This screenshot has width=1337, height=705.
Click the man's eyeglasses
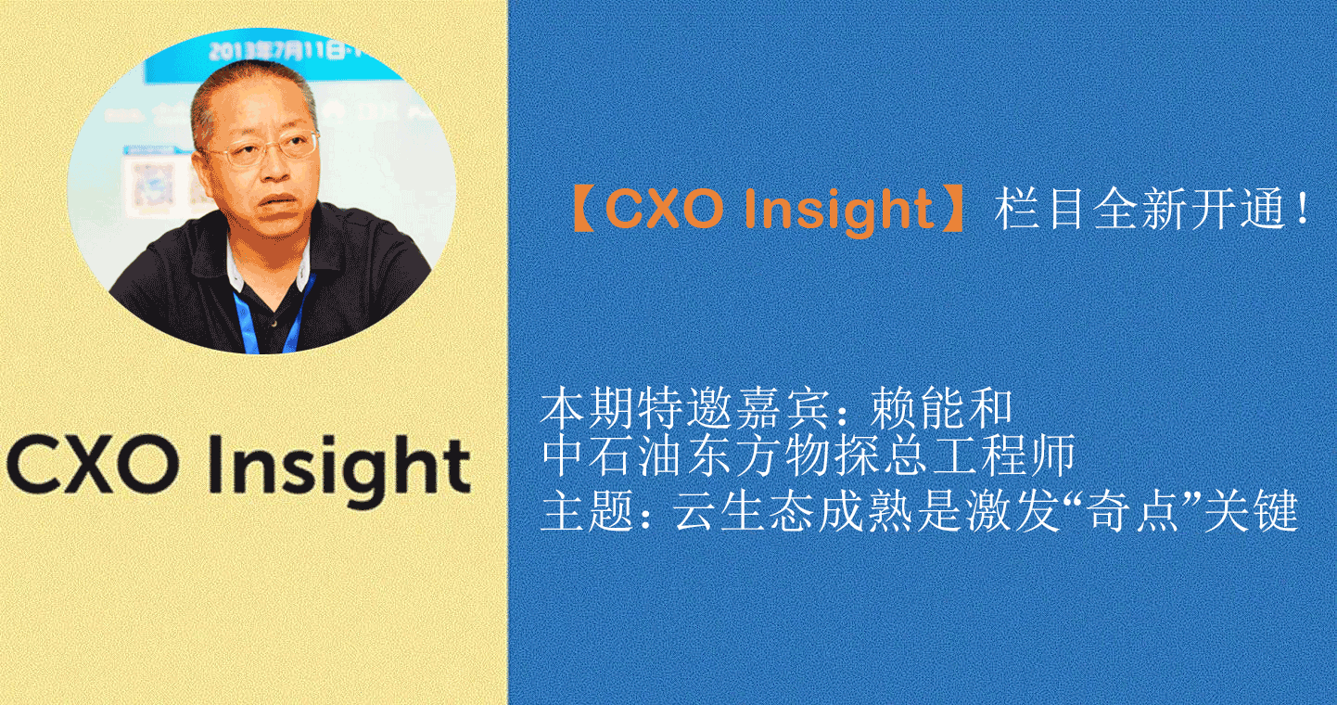tap(262, 150)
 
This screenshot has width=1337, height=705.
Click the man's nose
tap(275, 168)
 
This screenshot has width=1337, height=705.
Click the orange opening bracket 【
tap(583, 209)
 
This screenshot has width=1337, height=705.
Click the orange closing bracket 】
tap(951, 209)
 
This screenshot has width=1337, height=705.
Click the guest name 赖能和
tap(942, 408)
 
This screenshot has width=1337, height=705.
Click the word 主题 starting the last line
tap(587, 511)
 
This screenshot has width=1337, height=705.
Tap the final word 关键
tap(1250, 511)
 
